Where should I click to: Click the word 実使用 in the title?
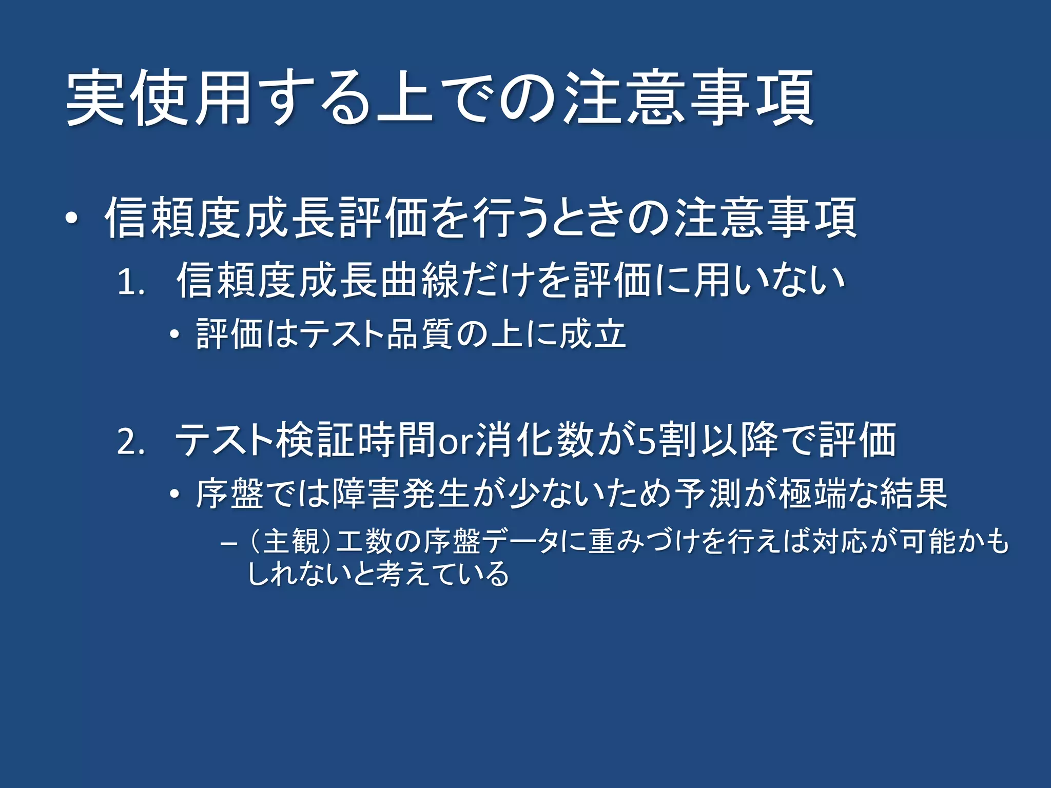click(x=159, y=97)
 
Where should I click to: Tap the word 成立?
click(x=592, y=334)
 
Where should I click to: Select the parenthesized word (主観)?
click(x=290, y=542)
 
